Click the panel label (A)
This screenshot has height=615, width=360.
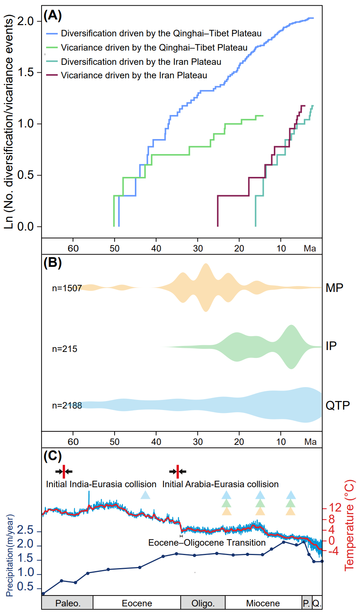(52, 15)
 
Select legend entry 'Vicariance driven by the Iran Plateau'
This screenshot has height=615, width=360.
(134, 75)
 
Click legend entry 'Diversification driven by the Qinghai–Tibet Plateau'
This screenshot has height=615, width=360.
(161, 33)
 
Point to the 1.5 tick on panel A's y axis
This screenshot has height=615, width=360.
(25, 72)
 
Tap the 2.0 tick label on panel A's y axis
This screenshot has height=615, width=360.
(25, 21)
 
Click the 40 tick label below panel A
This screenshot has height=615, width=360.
(156, 248)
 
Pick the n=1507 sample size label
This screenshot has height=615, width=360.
(67, 288)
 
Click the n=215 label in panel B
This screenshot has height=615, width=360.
(64, 349)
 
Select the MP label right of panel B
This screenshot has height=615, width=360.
(334, 288)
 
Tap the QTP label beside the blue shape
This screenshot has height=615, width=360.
(338, 406)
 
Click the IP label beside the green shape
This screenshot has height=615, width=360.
(331, 346)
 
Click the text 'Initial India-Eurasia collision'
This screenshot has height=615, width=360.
(101, 484)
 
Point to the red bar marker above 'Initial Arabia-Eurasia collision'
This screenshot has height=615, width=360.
(178, 471)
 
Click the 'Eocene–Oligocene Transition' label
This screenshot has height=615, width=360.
(207, 543)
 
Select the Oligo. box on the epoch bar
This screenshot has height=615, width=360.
(203, 603)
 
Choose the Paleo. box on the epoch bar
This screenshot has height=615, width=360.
(68, 603)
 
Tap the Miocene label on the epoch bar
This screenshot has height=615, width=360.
(263, 603)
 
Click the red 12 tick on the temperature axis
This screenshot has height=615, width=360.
(335, 508)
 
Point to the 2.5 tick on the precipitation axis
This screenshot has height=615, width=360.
(25, 530)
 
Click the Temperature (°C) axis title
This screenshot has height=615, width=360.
(349, 525)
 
